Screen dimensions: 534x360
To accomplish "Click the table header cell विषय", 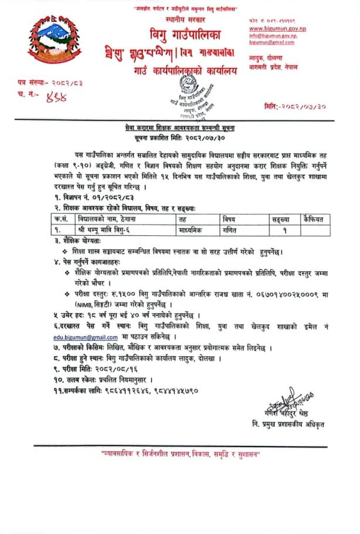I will (230, 218).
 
